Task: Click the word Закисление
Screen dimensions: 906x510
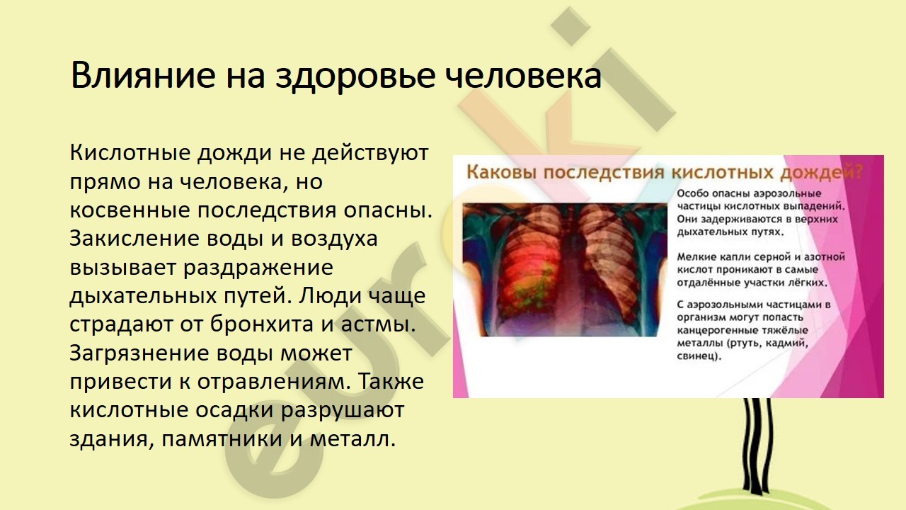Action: pos(134,239)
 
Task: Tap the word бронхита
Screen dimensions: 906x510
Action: pos(262,324)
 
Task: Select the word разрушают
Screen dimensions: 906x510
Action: pos(342,411)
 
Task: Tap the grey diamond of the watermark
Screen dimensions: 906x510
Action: pos(570,26)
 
